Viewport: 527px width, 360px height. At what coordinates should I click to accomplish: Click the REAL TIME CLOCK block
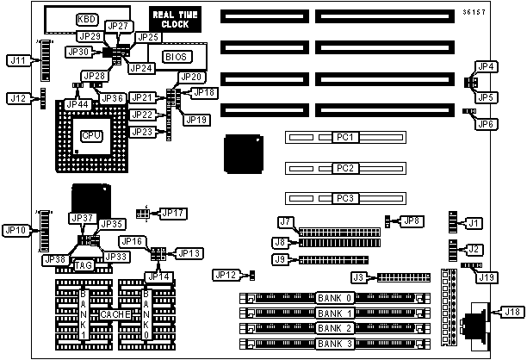(175, 20)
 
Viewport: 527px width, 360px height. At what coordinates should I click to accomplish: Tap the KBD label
(87, 19)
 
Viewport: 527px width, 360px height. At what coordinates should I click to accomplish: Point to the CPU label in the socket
(92, 135)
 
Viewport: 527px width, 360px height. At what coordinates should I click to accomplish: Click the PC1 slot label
(345, 137)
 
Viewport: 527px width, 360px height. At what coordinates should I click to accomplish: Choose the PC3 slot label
(345, 198)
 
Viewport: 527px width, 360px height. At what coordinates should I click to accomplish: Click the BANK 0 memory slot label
(335, 298)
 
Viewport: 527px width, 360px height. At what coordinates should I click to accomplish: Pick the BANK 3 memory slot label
(335, 344)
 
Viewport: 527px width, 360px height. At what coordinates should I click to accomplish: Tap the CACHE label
(115, 314)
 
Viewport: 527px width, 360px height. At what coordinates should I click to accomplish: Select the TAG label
(84, 265)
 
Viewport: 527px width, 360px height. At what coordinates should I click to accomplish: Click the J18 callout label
(512, 312)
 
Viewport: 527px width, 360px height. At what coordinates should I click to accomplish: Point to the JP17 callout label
(173, 213)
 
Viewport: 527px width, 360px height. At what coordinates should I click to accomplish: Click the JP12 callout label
(226, 275)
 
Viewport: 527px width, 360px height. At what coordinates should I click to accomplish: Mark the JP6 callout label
(486, 124)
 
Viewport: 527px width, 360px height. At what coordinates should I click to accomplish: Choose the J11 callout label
(18, 60)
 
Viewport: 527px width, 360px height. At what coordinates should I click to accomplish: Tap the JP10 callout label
(15, 230)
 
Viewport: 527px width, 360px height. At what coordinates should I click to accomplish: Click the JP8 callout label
(412, 220)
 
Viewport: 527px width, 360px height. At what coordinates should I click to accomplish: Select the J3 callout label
(358, 277)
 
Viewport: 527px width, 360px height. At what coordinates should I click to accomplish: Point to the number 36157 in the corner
(474, 12)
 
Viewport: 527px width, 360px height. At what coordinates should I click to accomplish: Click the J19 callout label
(487, 277)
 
